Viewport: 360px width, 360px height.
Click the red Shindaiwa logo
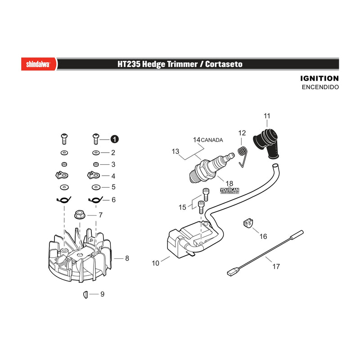(39, 64)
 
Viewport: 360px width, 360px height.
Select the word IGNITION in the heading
(319, 78)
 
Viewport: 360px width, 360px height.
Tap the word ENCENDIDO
(320, 87)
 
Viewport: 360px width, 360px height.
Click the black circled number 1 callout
(115, 139)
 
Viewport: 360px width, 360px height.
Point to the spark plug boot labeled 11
(267, 144)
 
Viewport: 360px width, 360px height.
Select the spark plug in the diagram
(211, 167)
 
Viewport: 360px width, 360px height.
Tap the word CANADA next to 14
(211, 140)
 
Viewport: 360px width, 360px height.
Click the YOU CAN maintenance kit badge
(229, 191)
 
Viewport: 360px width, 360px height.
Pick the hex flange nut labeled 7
(80, 215)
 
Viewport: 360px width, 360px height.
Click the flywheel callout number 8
(127, 258)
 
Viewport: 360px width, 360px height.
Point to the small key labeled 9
(85, 295)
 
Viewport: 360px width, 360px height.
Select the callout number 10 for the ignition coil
(155, 263)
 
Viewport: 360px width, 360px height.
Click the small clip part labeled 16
(248, 223)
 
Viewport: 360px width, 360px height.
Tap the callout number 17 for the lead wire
(276, 266)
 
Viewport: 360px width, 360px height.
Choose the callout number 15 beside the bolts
(182, 207)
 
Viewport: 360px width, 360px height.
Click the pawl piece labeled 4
(94, 175)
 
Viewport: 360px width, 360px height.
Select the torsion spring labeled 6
(95, 200)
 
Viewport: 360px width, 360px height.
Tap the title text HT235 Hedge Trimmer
(157, 64)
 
